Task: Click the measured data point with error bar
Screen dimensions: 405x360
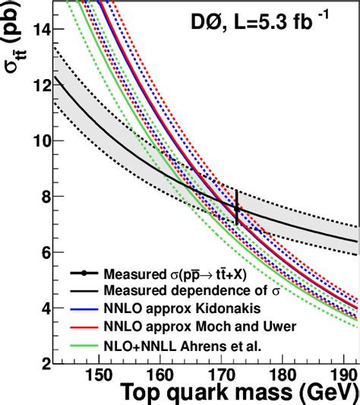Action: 237,208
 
